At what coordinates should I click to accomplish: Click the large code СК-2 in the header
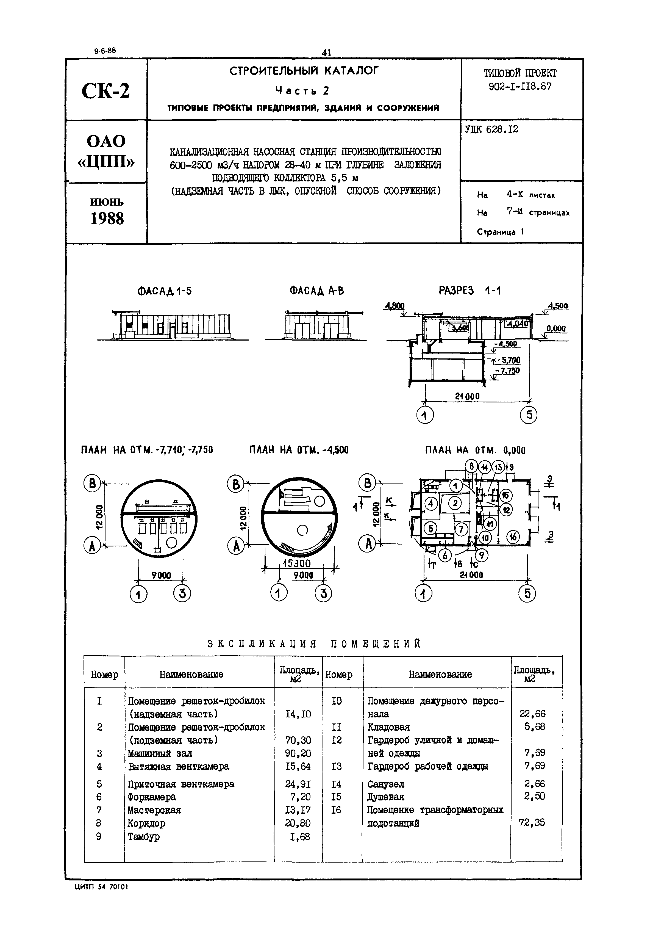[106, 90]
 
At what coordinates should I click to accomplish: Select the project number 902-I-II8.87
[520, 86]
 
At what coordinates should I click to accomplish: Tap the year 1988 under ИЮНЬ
[107, 219]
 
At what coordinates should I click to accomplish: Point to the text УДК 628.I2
[491, 129]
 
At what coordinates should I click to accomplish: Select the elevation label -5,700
[510, 360]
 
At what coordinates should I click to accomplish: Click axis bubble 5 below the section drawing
[529, 415]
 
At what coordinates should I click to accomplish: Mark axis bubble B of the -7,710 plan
[92, 484]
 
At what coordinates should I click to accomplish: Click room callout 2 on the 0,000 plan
[455, 503]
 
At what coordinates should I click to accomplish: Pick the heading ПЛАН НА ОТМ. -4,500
[299, 450]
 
